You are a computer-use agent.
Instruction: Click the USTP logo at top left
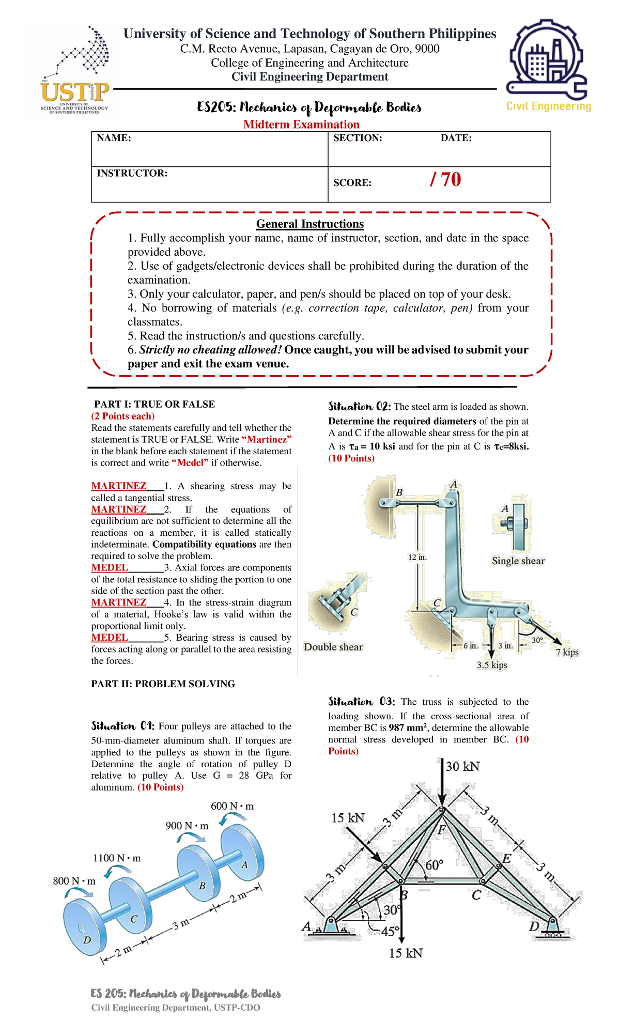75,72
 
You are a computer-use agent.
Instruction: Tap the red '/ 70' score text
445,180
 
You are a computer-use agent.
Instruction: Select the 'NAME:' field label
114,138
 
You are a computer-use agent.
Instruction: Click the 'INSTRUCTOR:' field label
132,173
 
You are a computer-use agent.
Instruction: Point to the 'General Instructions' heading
310,224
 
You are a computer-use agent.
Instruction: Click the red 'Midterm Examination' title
301,125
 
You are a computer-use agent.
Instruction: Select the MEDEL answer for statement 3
110,567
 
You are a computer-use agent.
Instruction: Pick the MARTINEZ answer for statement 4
119,602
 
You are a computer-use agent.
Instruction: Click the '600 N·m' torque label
232,806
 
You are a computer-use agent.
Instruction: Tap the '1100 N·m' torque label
117,858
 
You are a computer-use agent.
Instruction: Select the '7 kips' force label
567,652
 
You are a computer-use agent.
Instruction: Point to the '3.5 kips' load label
491,665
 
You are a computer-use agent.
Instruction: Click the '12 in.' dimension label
417,558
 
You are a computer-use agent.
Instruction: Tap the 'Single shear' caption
518,561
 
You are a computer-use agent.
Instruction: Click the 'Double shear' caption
333,647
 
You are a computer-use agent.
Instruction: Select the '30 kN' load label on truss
462,766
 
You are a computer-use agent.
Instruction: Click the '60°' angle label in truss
435,865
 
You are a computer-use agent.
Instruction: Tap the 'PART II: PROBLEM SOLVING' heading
163,684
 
